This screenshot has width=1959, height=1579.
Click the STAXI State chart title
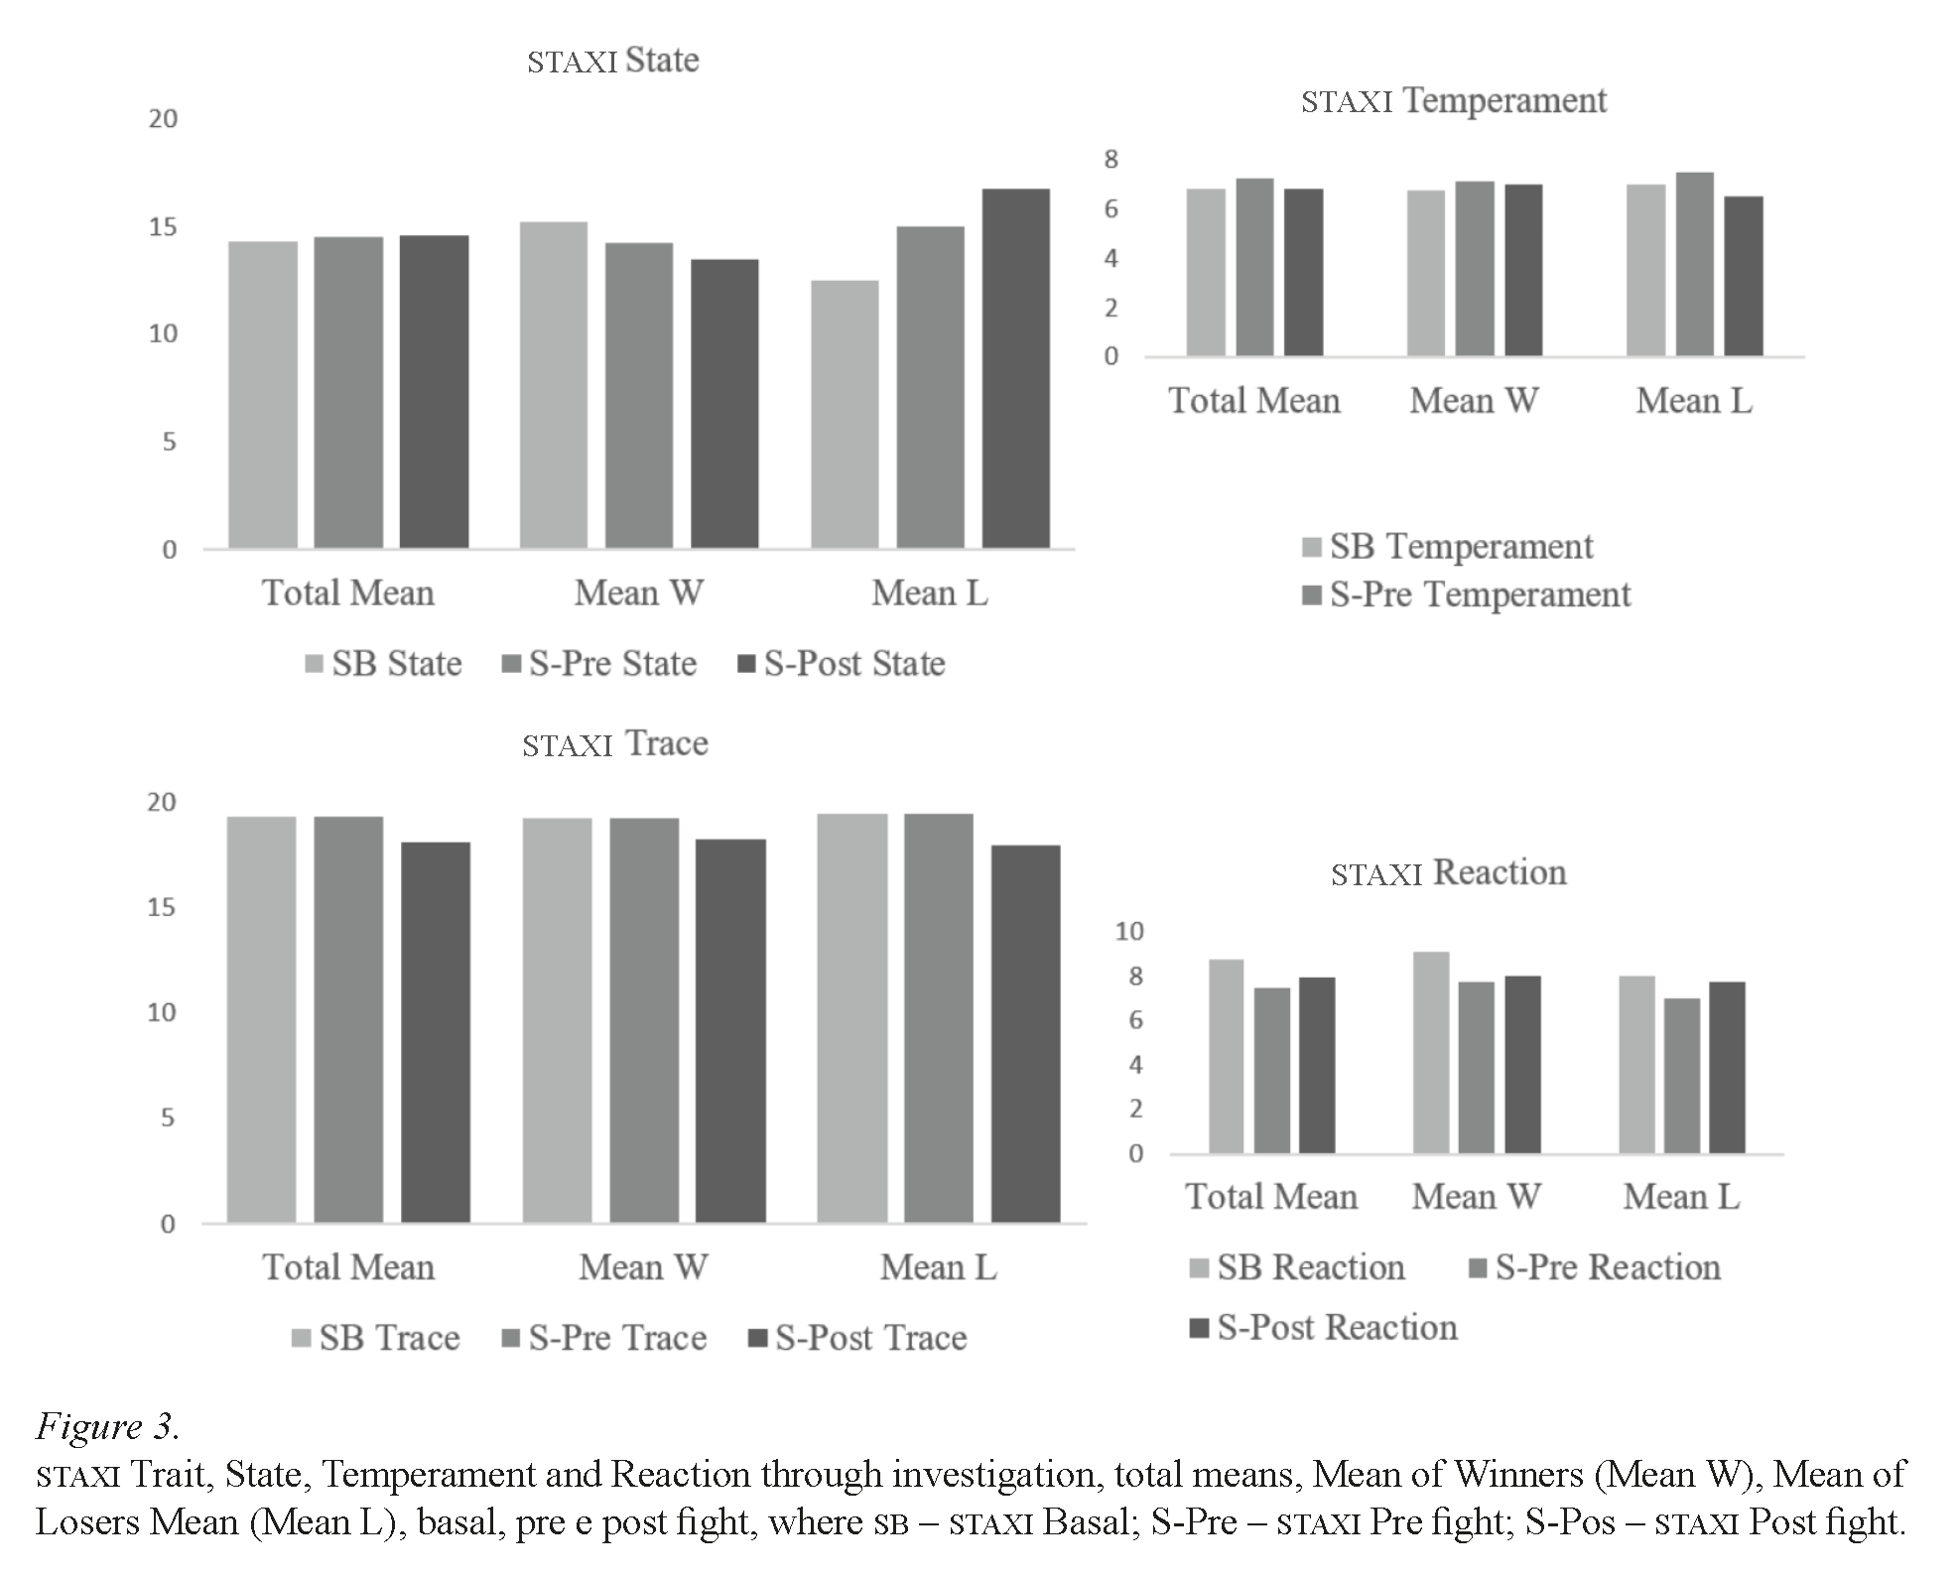pos(612,61)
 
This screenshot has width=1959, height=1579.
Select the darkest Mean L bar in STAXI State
pos(1015,368)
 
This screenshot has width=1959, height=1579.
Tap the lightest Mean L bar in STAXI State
pos(845,414)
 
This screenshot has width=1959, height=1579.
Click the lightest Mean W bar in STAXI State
pos(553,385)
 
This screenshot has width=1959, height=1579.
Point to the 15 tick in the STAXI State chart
pos(163,227)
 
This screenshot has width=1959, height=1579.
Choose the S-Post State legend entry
pos(843,663)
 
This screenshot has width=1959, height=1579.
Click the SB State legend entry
pos(384,663)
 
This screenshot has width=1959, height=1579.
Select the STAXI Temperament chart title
pos(1453,101)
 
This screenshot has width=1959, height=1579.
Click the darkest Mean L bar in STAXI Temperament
pos(1743,276)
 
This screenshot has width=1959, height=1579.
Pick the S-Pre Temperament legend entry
pos(1467,594)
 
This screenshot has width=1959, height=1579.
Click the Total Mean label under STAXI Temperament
pos(1253,401)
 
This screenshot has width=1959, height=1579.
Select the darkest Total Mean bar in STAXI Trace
pos(435,1031)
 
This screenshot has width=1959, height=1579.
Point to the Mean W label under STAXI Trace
pos(643,1267)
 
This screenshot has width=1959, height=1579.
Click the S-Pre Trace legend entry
pos(605,1338)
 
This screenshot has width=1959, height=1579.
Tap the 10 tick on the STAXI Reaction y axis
pos(1128,931)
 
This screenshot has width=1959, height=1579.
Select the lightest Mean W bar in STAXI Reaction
pos(1431,1052)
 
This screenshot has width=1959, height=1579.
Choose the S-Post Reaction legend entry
pos(1324,1328)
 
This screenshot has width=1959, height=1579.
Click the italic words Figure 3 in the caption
pos(107,1427)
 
